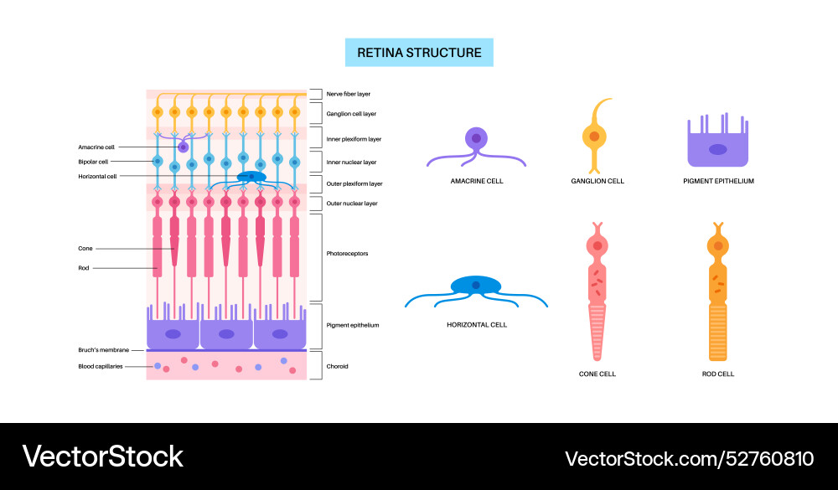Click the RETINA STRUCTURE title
pyautogui.click(x=419, y=52)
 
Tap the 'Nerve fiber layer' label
pyautogui.click(x=349, y=94)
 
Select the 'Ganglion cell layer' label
pyautogui.click(x=351, y=112)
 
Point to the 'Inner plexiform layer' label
pyautogui.click(x=354, y=139)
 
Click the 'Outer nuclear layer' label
pyautogui.click(x=352, y=204)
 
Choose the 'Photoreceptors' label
pyautogui.click(x=347, y=253)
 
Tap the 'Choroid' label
pyautogui.click(x=337, y=366)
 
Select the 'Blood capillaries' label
pyautogui.click(x=100, y=366)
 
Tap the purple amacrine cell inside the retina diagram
pyautogui.click(x=183, y=147)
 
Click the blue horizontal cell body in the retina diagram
pyautogui.click(x=251, y=178)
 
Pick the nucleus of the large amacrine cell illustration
pyautogui.click(x=476, y=138)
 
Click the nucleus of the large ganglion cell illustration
pyautogui.click(x=594, y=136)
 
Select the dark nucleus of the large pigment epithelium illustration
pyautogui.click(x=719, y=149)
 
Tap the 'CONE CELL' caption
pyautogui.click(x=597, y=374)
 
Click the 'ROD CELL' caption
pyautogui.click(x=718, y=374)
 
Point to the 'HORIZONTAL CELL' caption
pyautogui.click(x=477, y=324)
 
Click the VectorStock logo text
pyautogui.click(x=102, y=456)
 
